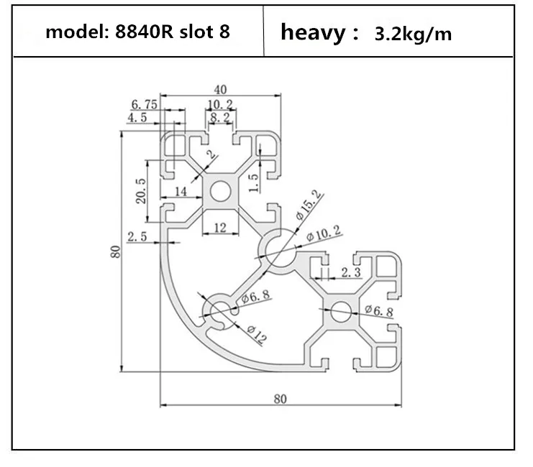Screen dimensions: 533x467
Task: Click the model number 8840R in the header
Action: point(145,32)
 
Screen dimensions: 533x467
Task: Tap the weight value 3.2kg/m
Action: point(413,34)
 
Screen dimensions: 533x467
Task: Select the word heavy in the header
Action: point(313,33)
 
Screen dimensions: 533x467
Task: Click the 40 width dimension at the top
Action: point(220,90)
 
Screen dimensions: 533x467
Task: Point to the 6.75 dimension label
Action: point(145,105)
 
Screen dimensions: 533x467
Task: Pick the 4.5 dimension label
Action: point(137,118)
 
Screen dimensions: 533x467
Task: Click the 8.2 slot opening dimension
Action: point(220,118)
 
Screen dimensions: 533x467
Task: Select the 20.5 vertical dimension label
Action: point(141,191)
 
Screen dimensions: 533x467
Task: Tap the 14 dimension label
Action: point(181,192)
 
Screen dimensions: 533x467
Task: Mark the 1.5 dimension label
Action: point(254,182)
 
